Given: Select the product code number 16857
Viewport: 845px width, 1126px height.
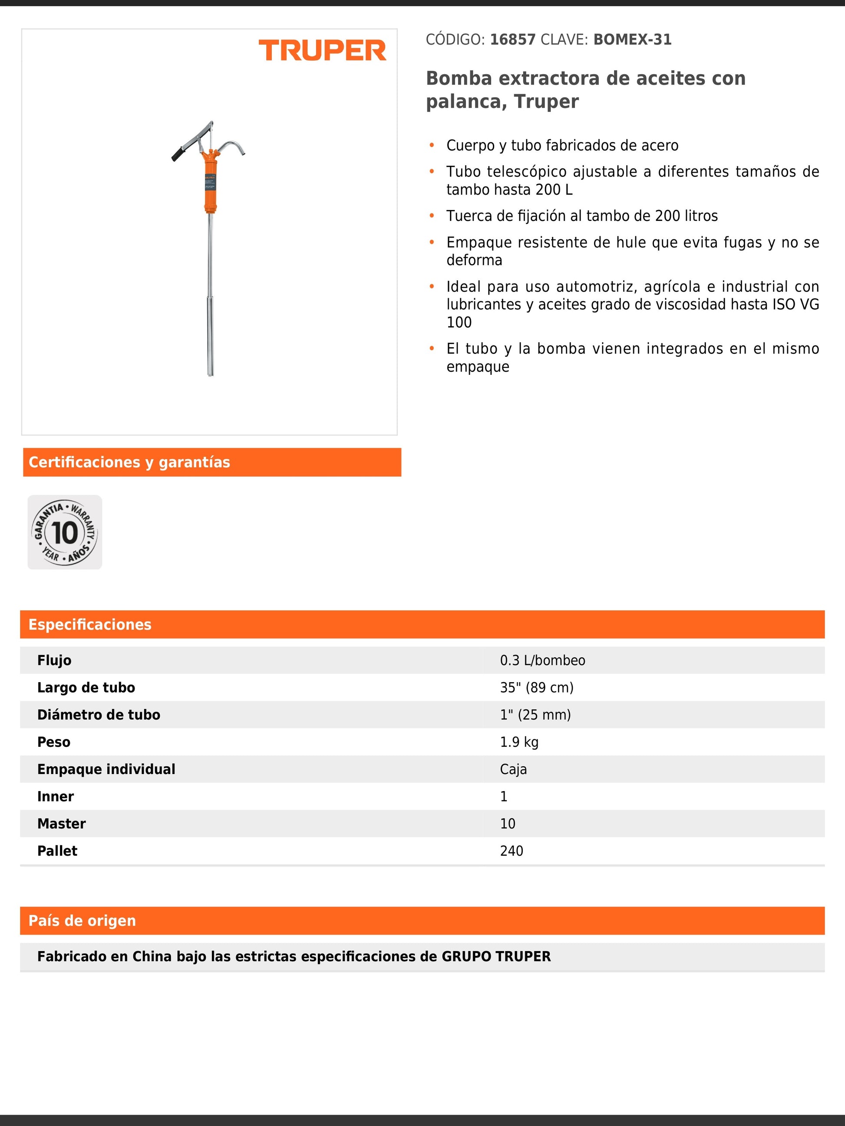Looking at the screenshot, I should click(512, 40).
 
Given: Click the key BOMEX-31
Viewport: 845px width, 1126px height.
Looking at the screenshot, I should click(632, 40).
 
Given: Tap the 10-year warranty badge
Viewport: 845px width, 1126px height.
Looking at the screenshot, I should click(65, 532).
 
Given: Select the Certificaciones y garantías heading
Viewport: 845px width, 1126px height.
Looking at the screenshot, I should click(129, 462).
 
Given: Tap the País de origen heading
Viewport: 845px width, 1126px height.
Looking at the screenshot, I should click(83, 920).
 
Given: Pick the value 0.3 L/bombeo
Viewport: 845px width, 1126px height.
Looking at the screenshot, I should click(542, 660).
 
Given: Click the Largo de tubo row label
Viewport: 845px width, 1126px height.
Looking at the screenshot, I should click(86, 688).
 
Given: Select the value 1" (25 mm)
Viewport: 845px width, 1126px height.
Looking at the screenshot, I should click(535, 715).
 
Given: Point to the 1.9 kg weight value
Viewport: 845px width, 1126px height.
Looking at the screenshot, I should click(519, 742).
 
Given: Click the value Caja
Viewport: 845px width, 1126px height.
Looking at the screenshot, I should click(513, 769).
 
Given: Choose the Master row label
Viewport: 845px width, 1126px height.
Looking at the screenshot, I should click(62, 824).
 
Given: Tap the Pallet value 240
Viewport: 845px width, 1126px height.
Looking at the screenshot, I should click(512, 850).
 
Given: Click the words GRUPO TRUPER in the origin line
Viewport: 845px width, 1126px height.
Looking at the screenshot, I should click(496, 956).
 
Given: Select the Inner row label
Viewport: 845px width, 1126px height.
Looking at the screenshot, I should click(56, 797).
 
